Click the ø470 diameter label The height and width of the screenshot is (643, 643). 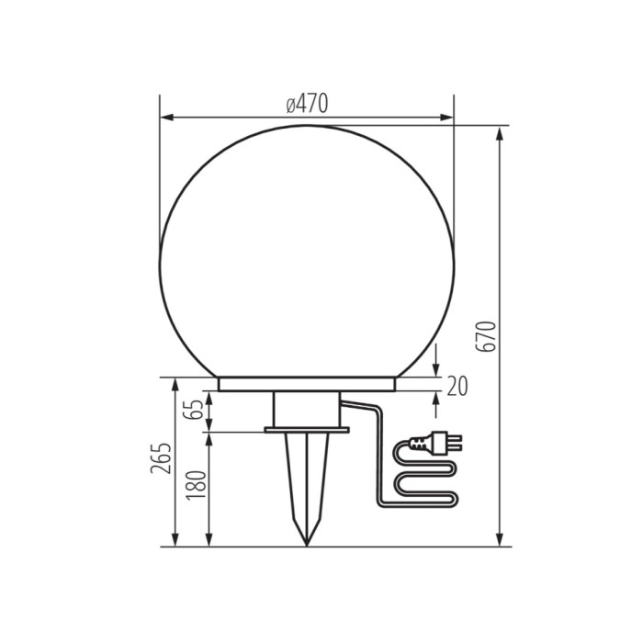[x=307, y=104]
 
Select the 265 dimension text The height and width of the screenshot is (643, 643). [x=161, y=458]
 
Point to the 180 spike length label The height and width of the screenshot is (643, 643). [x=196, y=485]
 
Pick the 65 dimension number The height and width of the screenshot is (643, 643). [x=194, y=410]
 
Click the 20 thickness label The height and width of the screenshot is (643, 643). [x=457, y=387]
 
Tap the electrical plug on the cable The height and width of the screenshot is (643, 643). [x=435, y=443]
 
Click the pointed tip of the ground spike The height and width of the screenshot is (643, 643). [x=307, y=546]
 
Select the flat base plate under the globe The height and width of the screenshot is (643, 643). [x=307, y=384]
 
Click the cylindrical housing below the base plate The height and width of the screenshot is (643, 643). [x=307, y=410]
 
